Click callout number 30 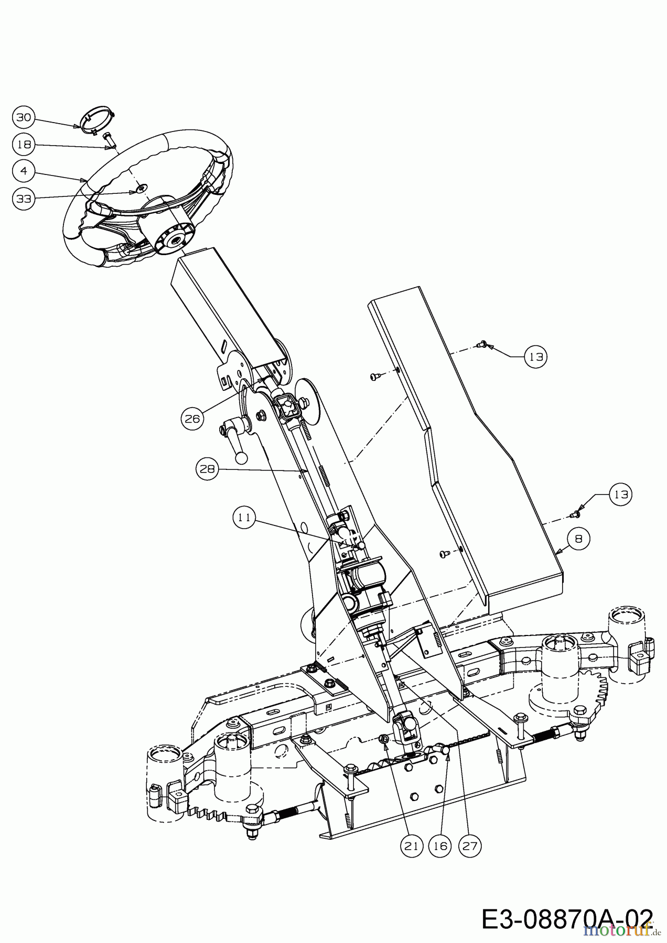24,118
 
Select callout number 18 24,145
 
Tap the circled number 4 24,171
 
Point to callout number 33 24,199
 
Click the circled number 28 208,469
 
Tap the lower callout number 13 621,495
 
